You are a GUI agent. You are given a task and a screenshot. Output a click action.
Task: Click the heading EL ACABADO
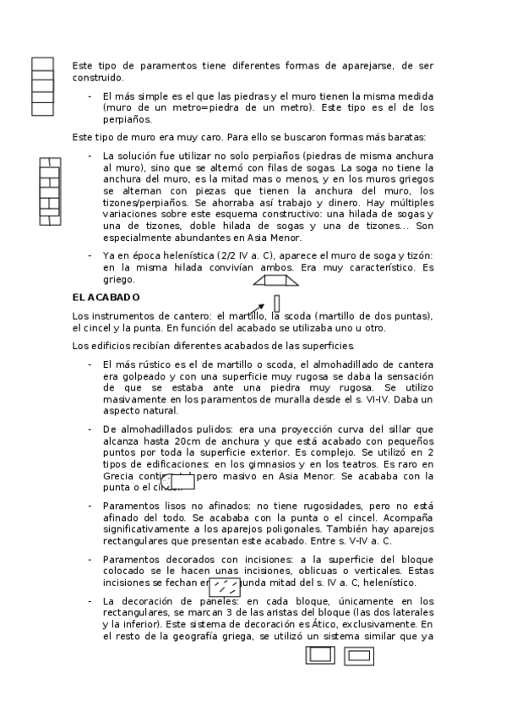point(106,298)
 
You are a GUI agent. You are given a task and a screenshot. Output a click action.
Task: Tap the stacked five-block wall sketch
point(42,86)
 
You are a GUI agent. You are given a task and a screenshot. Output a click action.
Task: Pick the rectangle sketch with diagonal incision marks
point(225,587)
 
